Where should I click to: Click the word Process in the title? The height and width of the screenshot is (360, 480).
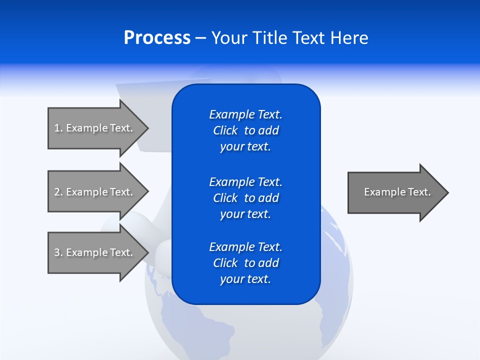(157, 38)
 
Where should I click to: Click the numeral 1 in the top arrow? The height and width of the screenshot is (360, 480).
(57, 128)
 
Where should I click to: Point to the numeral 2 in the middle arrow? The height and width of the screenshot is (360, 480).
(57, 192)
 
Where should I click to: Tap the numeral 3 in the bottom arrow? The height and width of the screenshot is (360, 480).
(57, 252)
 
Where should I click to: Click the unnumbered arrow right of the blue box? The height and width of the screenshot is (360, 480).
(395, 192)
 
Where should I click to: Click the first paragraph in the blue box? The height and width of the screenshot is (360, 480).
(246, 130)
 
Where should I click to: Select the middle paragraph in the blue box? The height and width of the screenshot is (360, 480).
(246, 198)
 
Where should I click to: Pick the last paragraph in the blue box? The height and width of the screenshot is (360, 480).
(246, 263)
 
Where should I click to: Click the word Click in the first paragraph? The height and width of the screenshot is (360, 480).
(225, 130)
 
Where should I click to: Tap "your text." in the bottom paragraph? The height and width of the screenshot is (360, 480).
(245, 279)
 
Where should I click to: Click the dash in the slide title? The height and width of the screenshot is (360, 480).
(201, 38)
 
